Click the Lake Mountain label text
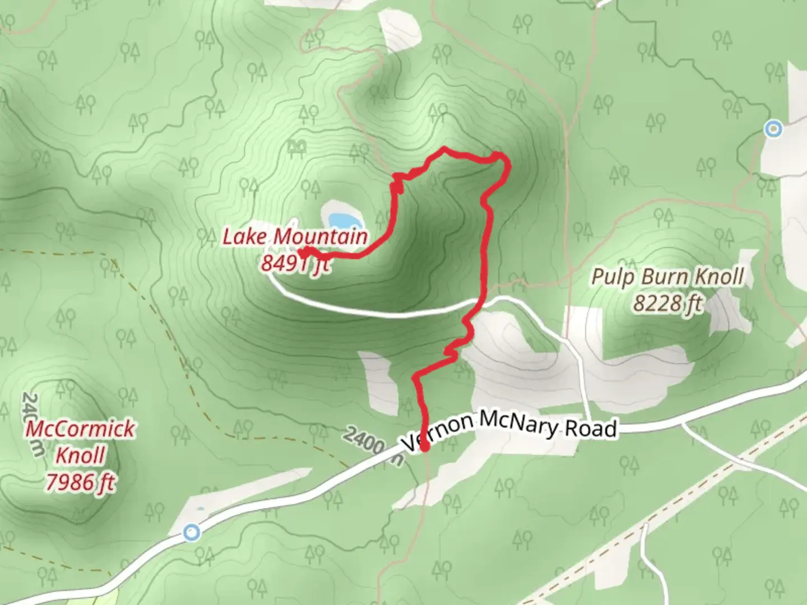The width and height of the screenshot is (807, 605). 295,237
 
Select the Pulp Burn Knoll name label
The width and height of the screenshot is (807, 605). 668,277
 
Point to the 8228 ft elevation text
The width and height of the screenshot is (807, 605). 667,303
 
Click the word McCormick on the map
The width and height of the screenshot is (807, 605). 81,429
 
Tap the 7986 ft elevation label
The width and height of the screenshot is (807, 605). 81,482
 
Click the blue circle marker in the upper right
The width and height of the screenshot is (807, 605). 774,129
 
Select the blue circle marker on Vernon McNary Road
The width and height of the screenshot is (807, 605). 192,532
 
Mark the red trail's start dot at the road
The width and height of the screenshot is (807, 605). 425,447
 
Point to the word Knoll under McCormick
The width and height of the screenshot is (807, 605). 80,455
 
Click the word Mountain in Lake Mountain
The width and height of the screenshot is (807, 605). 320,237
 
